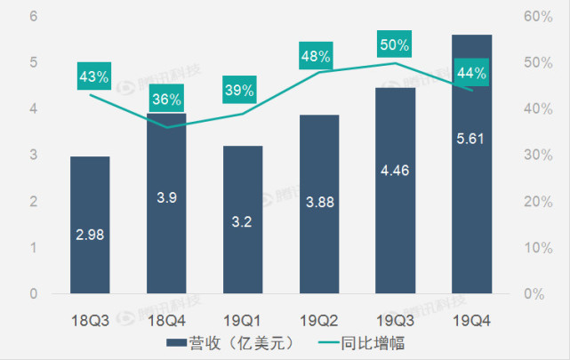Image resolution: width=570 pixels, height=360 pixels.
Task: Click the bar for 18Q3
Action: click(x=90, y=225)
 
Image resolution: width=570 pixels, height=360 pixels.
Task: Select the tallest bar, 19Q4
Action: click(x=471, y=164)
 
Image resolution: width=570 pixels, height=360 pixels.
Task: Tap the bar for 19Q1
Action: click(x=243, y=220)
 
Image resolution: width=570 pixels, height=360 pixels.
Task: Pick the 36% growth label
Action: click(x=166, y=100)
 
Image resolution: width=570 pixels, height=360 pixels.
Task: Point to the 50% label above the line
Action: click(x=395, y=44)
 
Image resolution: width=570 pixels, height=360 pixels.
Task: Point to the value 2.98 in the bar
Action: click(x=90, y=235)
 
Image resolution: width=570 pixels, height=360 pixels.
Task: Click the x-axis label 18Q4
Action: click(x=166, y=316)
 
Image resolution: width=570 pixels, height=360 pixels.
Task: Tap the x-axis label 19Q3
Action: click(x=395, y=316)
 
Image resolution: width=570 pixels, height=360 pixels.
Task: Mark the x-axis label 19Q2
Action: click(x=318, y=316)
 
